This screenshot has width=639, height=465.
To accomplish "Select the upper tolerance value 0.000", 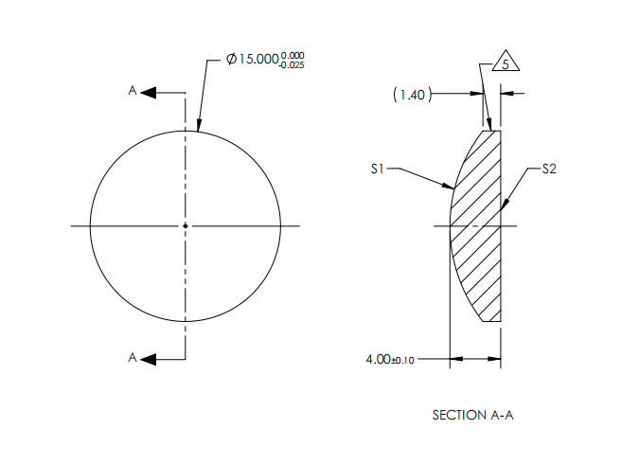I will point(293,55).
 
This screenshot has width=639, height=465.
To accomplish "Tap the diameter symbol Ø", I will point(232,60).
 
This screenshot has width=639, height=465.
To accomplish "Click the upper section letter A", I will point(133,91).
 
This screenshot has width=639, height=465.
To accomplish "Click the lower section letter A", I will point(133,357).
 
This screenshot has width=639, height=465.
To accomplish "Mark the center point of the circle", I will point(186,225).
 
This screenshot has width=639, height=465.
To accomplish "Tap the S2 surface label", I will point(550,170).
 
